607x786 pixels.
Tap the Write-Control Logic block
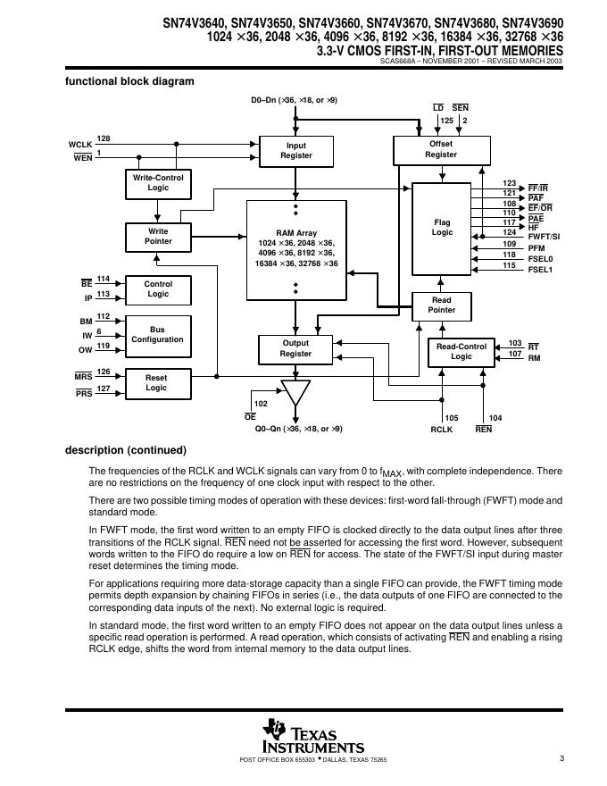tap(158, 183)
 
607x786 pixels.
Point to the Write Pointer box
tap(158, 236)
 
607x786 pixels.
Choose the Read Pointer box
tap(441, 305)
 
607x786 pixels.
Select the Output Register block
tap(295, 348)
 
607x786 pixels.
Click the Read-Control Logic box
tap(461, 351)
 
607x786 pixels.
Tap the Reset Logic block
tap(156, 382)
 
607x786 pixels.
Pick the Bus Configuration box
tap(157, 334)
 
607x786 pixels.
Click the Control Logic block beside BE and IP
tap(158, 288)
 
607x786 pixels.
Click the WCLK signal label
tap(80, 144)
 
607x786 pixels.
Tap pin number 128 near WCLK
tap(104, 138)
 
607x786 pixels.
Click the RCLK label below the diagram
tap(442, 430)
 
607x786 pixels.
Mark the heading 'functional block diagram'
tap(129, 81)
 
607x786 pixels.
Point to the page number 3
tap(561, 759)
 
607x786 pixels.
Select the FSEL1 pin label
tap(540, 268)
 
